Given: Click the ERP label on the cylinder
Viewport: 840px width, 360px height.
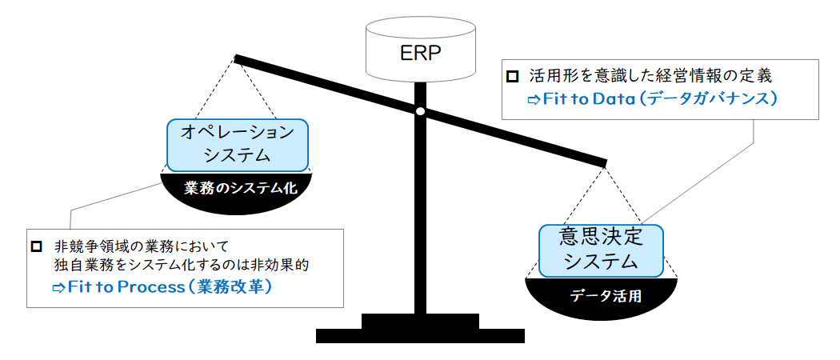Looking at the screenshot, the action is (419, 54).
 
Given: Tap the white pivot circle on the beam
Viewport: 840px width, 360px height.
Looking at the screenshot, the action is (421, 111).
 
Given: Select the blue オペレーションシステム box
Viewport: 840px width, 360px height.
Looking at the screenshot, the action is (238, 145).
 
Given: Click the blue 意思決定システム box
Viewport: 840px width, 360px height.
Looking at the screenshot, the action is (601, 250).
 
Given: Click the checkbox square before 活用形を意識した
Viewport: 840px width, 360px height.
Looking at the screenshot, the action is (512, 77).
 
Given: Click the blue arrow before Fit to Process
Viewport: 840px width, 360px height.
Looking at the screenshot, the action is (58, 288).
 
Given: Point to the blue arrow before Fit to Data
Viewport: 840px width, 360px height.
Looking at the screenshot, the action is (534, 100).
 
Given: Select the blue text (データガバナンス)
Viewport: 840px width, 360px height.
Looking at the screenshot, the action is (708, 100).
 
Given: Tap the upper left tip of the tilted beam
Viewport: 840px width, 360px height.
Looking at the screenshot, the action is (234, 56).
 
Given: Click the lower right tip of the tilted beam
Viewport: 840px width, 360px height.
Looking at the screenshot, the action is (606, 162).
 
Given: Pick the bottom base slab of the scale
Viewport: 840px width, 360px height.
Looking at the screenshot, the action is (420, 336).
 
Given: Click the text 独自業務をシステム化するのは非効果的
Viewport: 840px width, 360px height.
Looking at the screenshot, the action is (182, 264).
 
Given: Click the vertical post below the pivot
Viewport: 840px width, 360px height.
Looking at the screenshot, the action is (421, 214).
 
